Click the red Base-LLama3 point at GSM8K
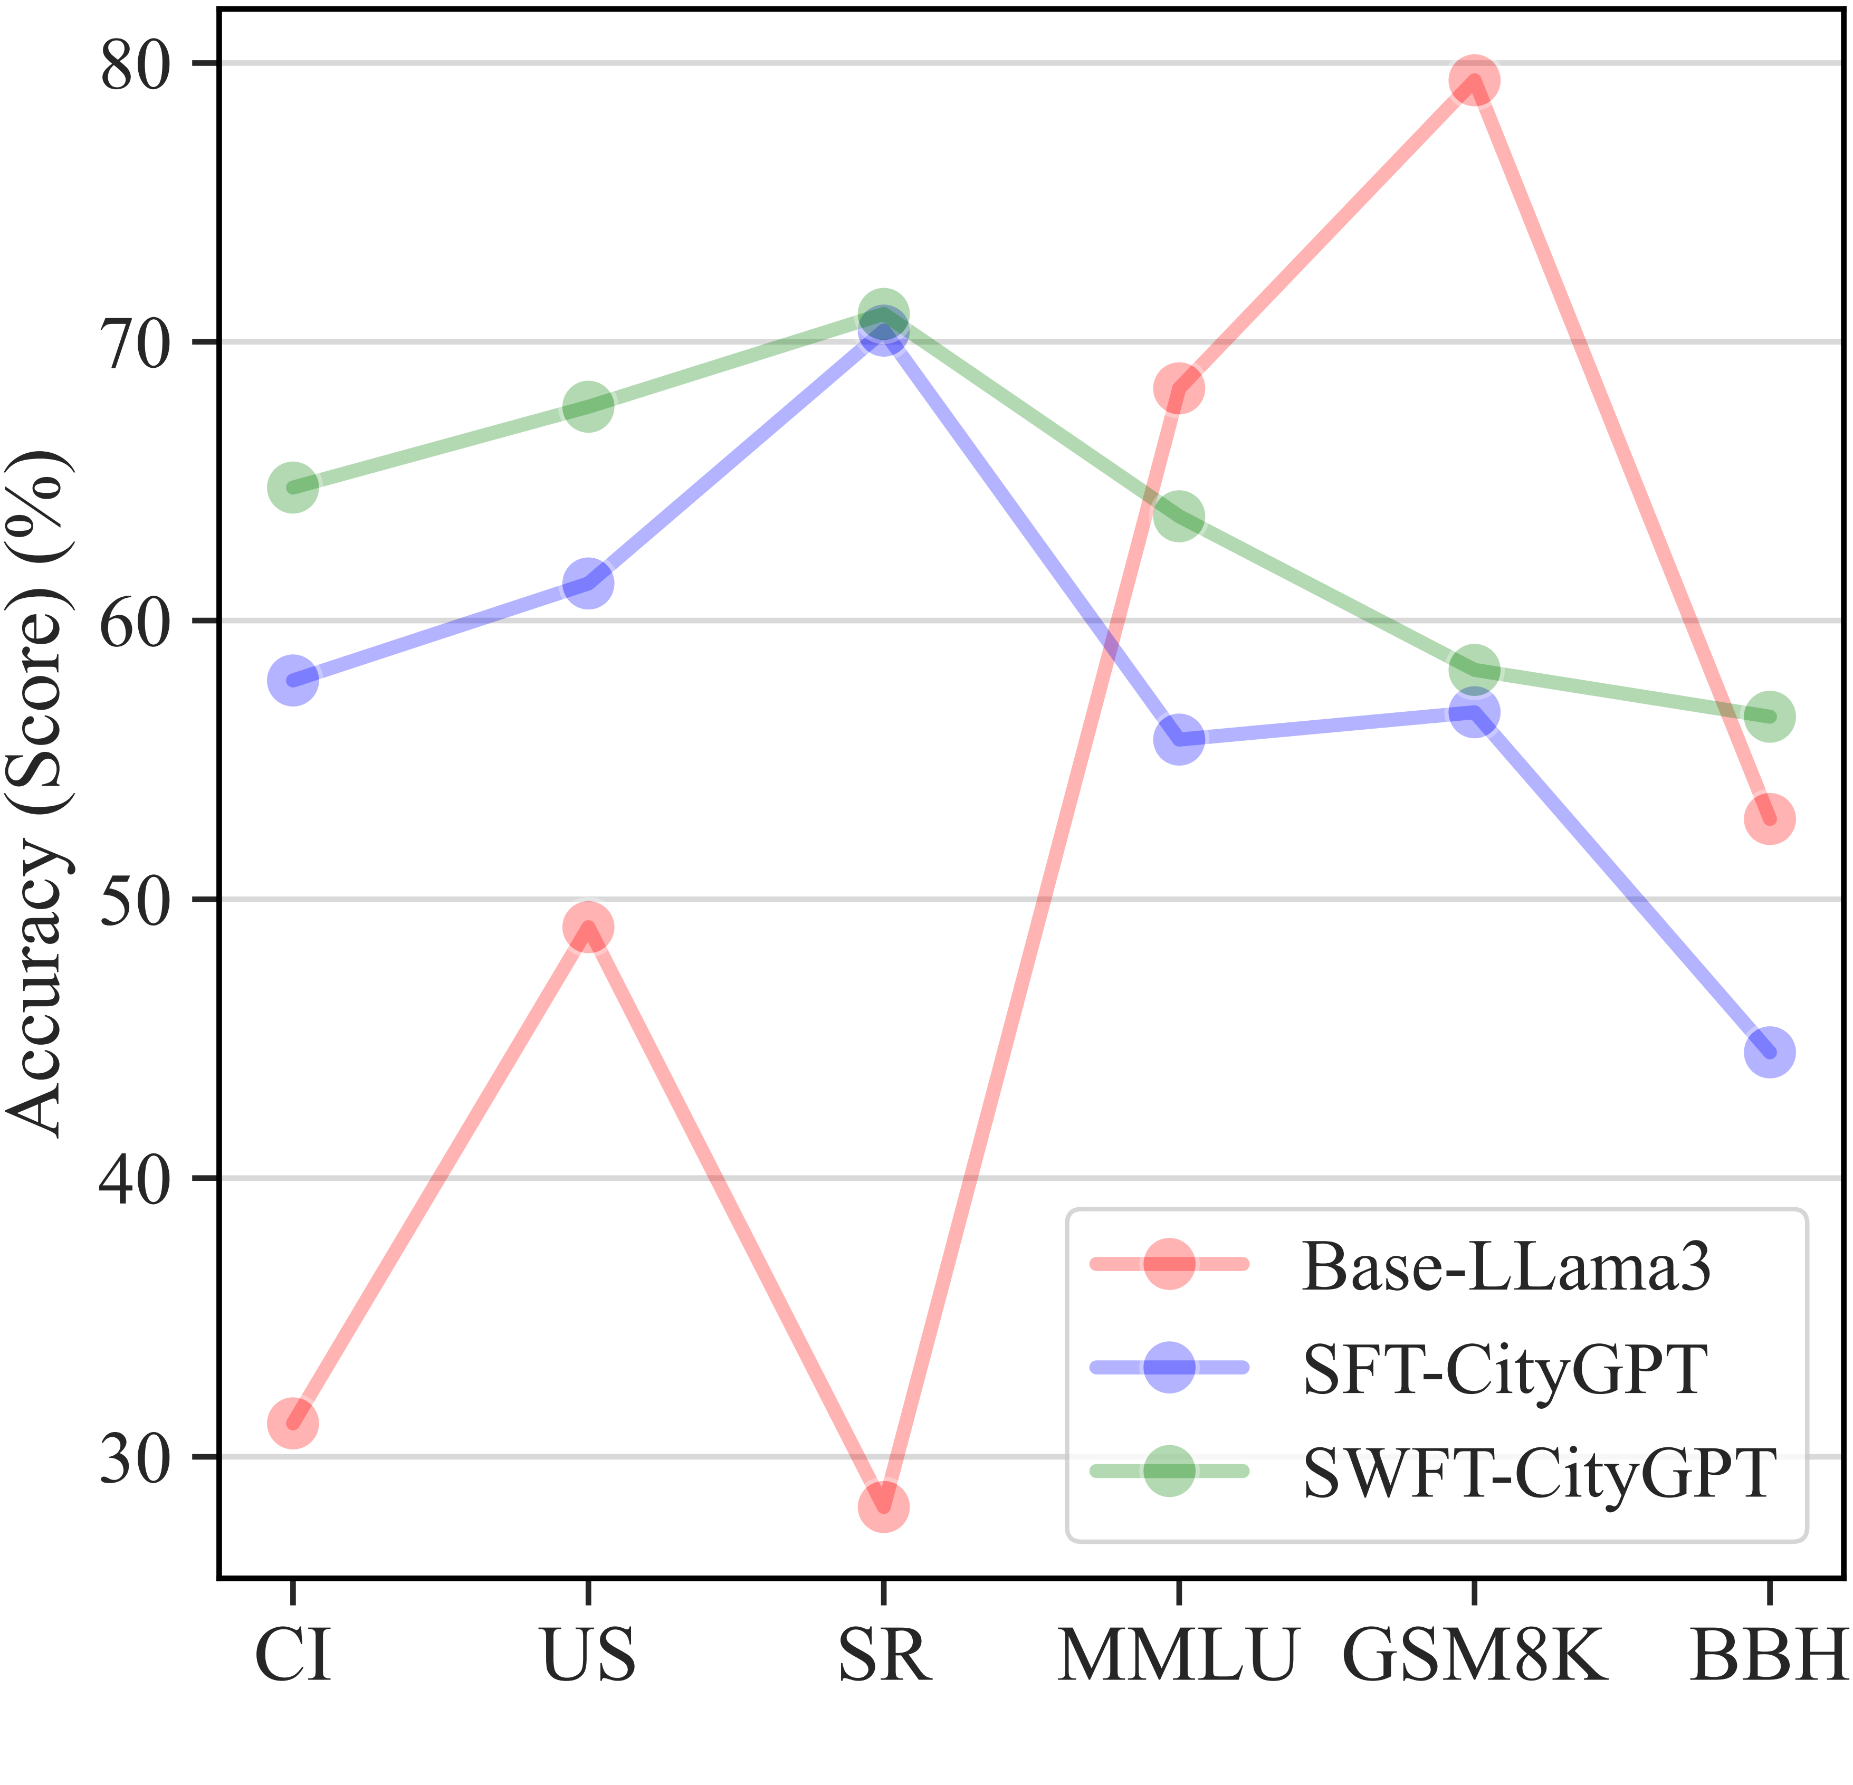point(1474,81)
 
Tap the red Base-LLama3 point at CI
point(293,1423)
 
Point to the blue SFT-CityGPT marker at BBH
point(1770,1052)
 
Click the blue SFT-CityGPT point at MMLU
point(1179,739)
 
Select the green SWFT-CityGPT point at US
point(588,406)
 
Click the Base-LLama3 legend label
point(1506,1266)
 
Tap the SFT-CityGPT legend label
point(1505,1368)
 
